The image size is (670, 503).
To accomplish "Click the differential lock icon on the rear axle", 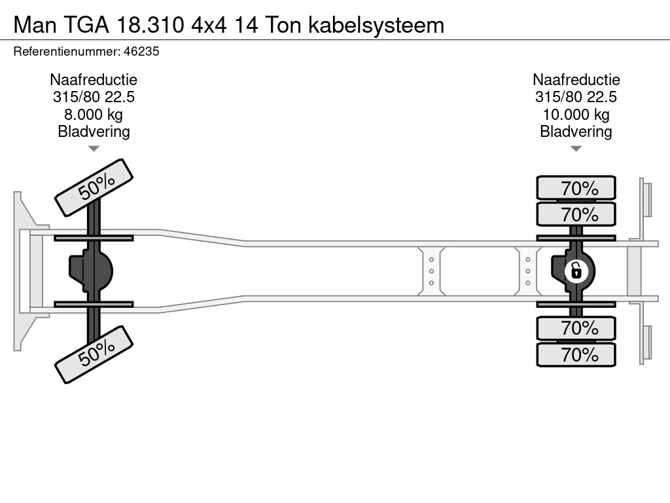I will click(x=576, y=270).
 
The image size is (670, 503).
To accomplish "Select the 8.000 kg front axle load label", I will click(x=94, y=115).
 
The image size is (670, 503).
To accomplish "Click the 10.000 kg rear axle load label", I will click(x=576, y=115).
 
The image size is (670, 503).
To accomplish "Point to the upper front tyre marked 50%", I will click(x=94, y=187).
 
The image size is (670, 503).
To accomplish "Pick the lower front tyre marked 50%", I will click(x=94, y=354).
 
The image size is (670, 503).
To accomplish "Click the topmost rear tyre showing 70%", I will click(x=576, y=189).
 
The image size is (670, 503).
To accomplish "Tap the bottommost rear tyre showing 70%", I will click(x=576, y=355).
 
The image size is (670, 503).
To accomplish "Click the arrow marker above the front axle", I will click(x=94, y=149).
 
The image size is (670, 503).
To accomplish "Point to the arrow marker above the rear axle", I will click(x=576, y=149).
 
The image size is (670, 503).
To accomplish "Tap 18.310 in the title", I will click(x=152, y=25).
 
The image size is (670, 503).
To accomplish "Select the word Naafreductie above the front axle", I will click(x=94, y=80).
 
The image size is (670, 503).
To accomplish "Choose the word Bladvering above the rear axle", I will click(x=576, y=132).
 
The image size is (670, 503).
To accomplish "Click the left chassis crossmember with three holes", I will click(x=432, y=270).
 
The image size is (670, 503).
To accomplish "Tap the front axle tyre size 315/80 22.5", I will click(x=94, y=97).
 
